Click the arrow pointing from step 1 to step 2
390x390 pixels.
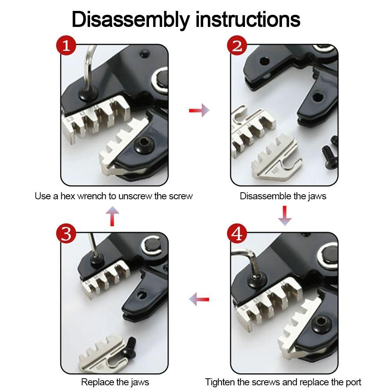[199, 111]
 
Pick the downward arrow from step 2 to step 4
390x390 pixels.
[285, 215]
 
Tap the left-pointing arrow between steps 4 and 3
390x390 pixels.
[199, 300]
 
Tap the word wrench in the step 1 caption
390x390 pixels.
[91, 196]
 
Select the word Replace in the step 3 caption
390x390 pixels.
[96, 382]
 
